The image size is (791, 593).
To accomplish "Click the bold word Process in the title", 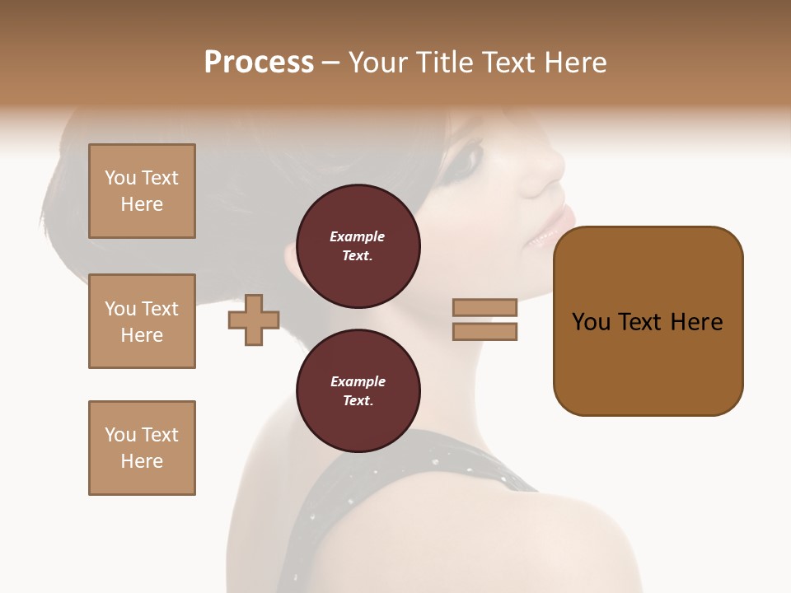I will click(x=259, y=63).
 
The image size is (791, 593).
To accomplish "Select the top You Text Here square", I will click(x=142, y=191).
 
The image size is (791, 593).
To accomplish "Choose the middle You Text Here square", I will click(x=142, y=321).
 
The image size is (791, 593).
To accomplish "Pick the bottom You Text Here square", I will click(x=142, y=448).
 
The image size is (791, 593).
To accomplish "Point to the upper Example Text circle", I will click(x=358, y=246).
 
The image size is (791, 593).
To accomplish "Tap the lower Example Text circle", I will click(x=358, y=391).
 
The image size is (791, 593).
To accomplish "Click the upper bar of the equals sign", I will click(x=485, y=307).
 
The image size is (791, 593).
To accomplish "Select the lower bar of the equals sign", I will click(x=485, y=332).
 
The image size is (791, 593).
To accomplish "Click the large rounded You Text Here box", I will click(x=648, y=321).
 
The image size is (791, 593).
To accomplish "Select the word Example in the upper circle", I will click(x=358, y=236).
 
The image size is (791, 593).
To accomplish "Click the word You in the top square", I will click(x=119, y=178).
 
